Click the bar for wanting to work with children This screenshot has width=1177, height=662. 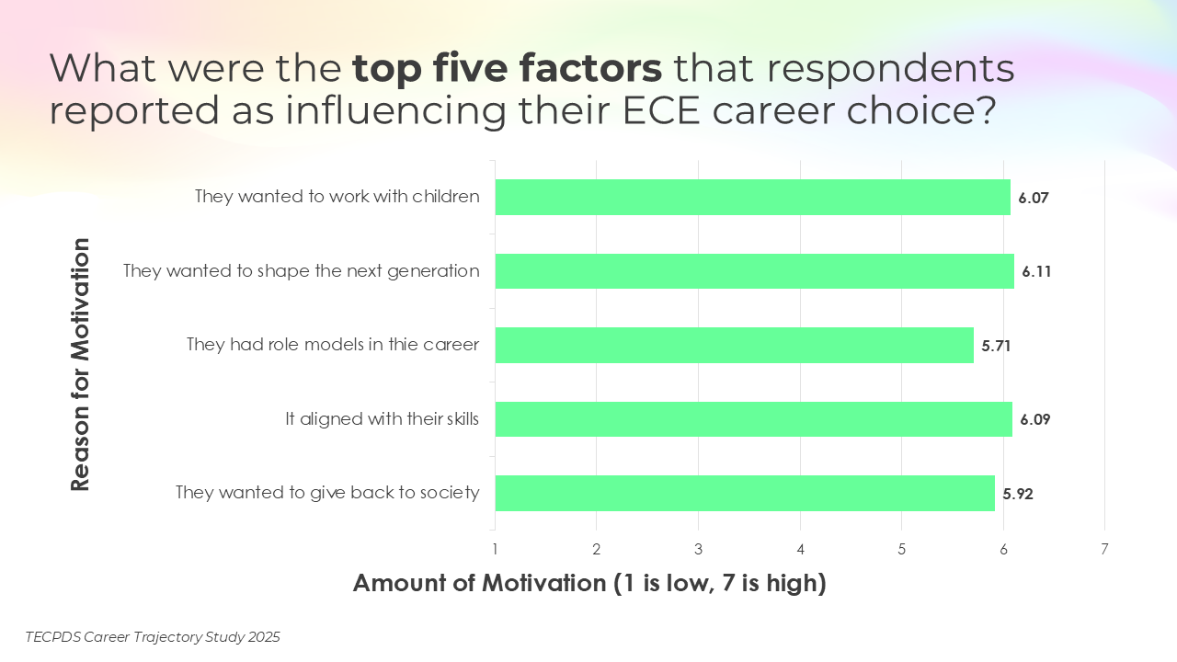(x=752, y=197)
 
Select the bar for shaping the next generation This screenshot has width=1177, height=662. (x=754, y=271)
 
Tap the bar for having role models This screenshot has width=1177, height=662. (x=734, y=346)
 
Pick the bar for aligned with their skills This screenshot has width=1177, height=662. (x=753, y=419)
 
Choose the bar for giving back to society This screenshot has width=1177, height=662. (x=745, y=494)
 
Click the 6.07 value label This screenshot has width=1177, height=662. (x=1034, y=198)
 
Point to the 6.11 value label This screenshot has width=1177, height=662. (x=1035, y=272)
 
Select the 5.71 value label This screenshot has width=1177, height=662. (x=996, y=347)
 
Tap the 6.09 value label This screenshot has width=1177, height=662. (x=1034, y=420)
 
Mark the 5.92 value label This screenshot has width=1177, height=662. (x=1018, y=495)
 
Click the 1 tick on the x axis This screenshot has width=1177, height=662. (x=495, y=550)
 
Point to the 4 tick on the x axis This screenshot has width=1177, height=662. (x=800, y=550)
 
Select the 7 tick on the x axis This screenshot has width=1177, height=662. (x=1104, y=550)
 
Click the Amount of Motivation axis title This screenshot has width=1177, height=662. (x=589, y=583)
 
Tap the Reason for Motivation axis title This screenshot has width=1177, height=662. (x=81, y=364)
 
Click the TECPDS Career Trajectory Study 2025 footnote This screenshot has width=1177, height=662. (x=153, y=636)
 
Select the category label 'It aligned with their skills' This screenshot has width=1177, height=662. (x=382, y=419)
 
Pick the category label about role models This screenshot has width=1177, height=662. (x=333, y=345)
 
